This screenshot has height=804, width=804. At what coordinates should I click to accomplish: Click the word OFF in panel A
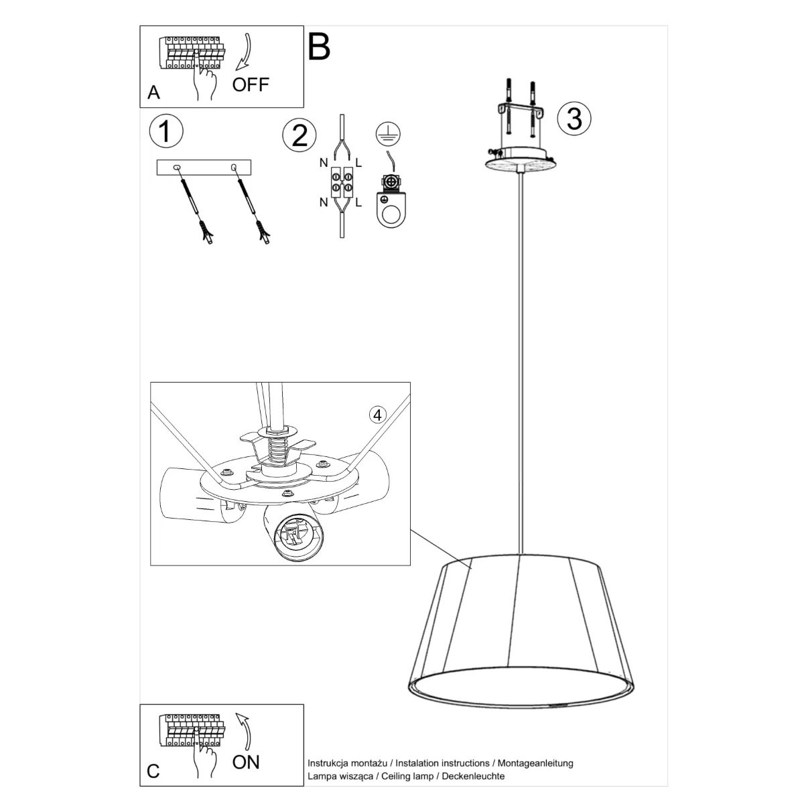coord(251,84)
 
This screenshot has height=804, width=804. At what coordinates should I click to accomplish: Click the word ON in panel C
coord(246,762)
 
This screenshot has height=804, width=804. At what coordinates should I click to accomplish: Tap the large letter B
coord(319,47)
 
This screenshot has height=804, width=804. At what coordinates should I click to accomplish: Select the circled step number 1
coord(166,131)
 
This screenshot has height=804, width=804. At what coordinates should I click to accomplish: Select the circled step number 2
coord(299,135)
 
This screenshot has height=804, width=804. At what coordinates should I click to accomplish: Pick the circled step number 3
coord(574,118)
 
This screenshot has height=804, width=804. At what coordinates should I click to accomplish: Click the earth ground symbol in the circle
coord(388,135)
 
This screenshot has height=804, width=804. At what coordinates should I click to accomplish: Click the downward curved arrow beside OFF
coord(244,52)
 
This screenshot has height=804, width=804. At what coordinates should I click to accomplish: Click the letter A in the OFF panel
coord(153,92)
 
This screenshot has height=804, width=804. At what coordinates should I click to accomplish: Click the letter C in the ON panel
coord(153,771)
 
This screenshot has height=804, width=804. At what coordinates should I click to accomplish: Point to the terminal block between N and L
coord(342,182)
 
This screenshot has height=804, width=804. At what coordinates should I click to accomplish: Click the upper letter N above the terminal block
coord(324,163)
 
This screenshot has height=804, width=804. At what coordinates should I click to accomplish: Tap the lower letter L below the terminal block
coord(358,202)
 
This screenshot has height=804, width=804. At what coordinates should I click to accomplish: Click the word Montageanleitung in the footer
coord(535,763)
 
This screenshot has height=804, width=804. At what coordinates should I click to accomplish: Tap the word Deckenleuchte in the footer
coord(473,776)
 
